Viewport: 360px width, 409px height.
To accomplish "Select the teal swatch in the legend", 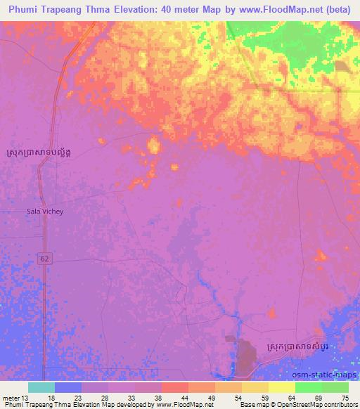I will tap(41, 387).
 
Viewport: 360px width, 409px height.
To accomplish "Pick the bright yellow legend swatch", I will tap(281, 387).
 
